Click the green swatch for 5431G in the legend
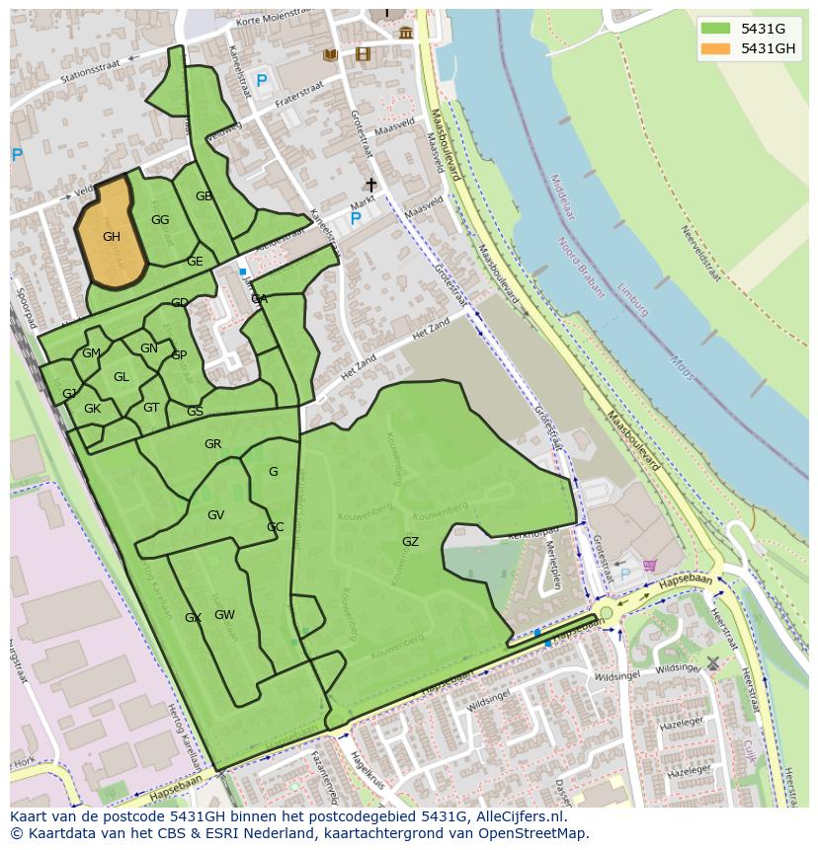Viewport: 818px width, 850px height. (x=717, y=29)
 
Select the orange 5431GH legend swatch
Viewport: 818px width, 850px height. (x=717, y=48)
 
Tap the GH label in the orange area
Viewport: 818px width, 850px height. (x=112, y=237)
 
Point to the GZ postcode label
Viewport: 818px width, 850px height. (x=410, y=542)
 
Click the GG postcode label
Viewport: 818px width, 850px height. (x=160, y=220)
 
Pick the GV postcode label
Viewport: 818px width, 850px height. (x=215, y=515)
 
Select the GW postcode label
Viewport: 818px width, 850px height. (x=224, y=615)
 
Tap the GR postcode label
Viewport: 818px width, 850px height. (x=212, y=444)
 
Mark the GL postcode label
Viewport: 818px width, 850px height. (x=121, y=377)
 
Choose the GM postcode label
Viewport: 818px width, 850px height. (x=91, y=353)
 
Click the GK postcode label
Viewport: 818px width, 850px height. (x=92, y=409)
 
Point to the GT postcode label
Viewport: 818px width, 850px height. (x=151, y=408)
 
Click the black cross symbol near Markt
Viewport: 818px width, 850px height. (x=371, y=185)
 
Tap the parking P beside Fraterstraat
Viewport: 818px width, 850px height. (x=262, y=81)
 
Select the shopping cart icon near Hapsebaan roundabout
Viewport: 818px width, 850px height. (x=649, y=566)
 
